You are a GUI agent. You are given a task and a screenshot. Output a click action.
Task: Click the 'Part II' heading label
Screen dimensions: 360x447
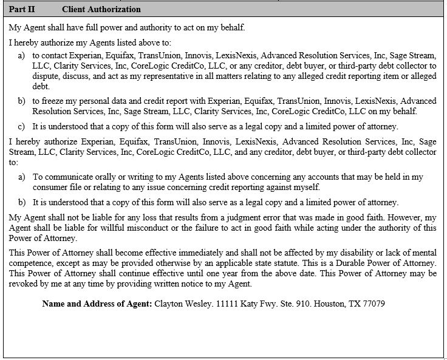click(20, 9)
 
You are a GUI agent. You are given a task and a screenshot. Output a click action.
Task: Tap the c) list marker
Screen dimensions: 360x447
click(21, 126)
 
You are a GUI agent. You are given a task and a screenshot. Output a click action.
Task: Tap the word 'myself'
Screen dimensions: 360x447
click(305, 187)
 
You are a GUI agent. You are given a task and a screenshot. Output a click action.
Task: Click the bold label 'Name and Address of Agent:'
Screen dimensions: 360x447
click(97, 304)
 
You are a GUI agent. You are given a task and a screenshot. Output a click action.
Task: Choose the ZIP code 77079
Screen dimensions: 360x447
click(373, 304)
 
